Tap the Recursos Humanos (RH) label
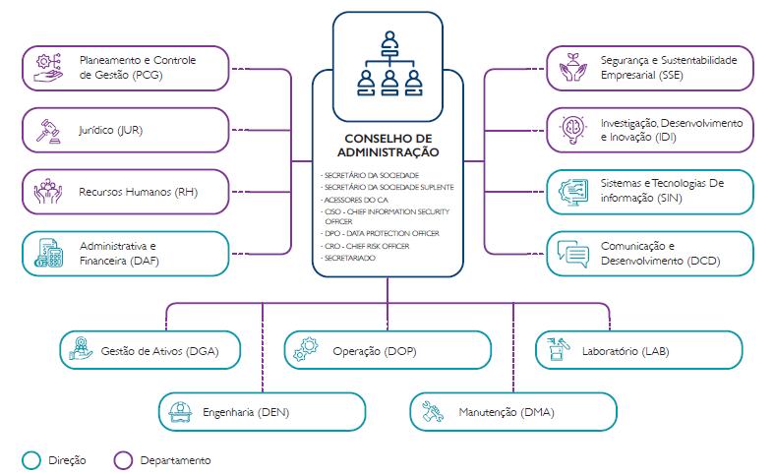(x=139, y=192)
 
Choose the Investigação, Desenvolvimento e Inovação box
(x=649, y=130)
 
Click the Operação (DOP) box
(x=388, y=350)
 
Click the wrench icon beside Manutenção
(x=434, y=412)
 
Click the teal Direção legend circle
(x=31, y=459)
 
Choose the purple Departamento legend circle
(x=123, y=459)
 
